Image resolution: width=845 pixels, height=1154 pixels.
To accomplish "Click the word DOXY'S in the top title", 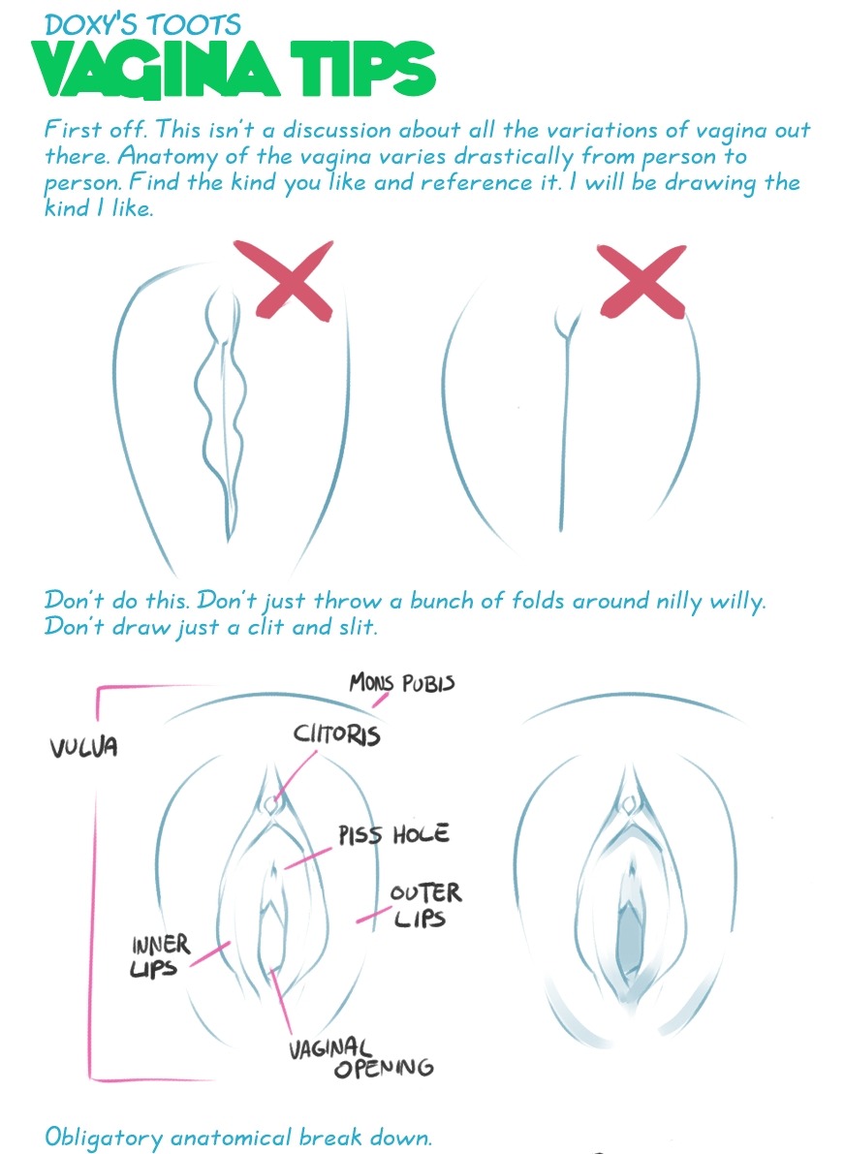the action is click(90, 24).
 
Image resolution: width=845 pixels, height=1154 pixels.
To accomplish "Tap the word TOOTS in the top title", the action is click(194, 24).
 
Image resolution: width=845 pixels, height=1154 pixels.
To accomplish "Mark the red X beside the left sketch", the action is click(294, 280).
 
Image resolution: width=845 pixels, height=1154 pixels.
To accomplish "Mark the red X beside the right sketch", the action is click(642, 282).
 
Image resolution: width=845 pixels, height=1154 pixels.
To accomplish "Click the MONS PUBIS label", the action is click(402, 683).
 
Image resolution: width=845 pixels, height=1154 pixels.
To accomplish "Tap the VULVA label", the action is click(84, 748).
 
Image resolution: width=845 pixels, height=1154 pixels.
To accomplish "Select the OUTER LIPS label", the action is click(425, 905).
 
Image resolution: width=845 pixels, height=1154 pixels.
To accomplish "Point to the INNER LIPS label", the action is click(160, 956).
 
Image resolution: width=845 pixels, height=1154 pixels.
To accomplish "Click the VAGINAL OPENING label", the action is click(360, 1057).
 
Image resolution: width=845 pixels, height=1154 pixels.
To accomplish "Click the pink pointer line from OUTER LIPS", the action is click(374, 915).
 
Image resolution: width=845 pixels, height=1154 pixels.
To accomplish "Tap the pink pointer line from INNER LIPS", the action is click(209, 953).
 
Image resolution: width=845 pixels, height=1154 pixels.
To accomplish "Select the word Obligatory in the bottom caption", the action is click(103, 1138).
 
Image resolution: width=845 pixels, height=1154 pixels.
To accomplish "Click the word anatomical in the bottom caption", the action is click(231, 1138).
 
